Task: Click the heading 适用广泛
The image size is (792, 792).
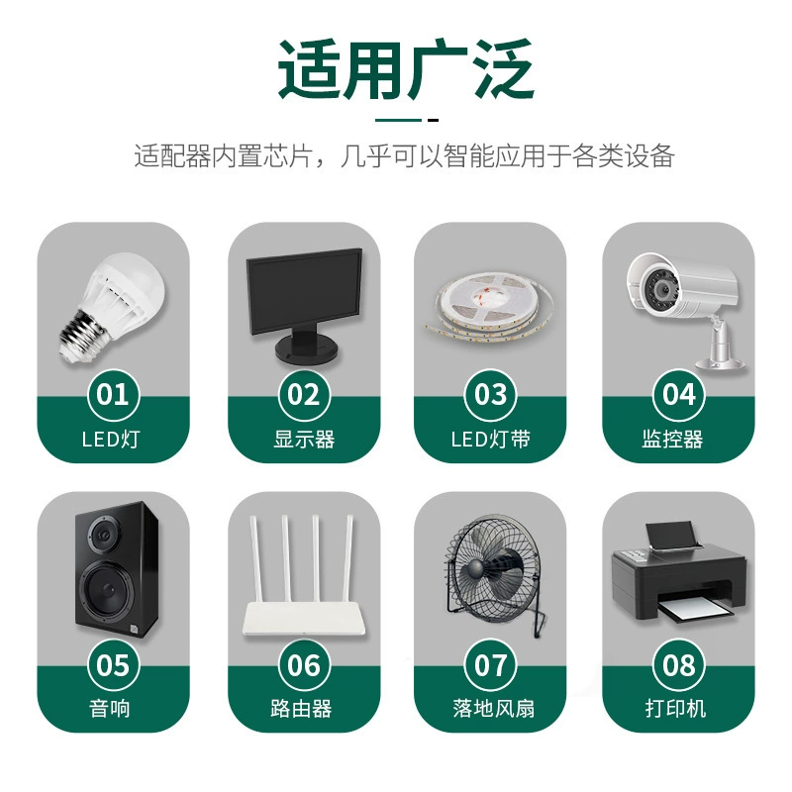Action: [x=406, y=68]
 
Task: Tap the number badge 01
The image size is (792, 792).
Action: [x=113, y=395]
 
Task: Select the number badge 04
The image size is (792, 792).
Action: [x=678, y=395]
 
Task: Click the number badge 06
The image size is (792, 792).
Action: [x=304, y=664]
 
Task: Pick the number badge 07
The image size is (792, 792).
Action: [x=490, y=664]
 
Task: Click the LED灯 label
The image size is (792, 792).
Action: [x=111, y=440]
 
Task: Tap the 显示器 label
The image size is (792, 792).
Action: [x=304, y=440]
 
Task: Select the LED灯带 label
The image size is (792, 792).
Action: [x=490, y=440]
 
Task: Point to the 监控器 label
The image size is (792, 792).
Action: [x=672, y=440]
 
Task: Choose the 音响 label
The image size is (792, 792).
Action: [x=110, y=709]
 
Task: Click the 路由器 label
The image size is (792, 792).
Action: [x=301, y=709]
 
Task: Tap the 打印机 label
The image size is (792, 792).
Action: [x=675, y=709]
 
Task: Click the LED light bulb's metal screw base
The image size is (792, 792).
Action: [x=81, y=335]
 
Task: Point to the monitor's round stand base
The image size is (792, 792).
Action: [x=306, y=348]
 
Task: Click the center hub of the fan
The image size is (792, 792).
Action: [x=475, y=569]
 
